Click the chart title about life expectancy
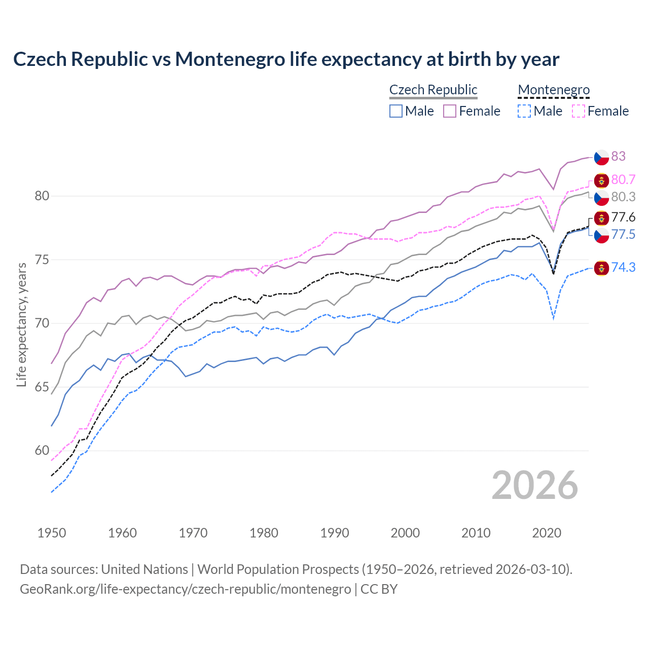point(286,59)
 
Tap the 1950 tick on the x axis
point(52,533)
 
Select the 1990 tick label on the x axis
point(335,533)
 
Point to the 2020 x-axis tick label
point(547,533)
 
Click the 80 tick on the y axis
point(42,196)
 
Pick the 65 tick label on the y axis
point(42,387)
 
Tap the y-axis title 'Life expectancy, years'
point(21,324)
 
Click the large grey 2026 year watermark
point(534,485)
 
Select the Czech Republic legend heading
point(433,90)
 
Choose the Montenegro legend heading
point(554,90)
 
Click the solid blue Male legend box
point(396,111)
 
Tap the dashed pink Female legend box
point(579,111)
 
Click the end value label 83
point(618,156)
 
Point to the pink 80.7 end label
point(623,180)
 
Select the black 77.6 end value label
point(623,218)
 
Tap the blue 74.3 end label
point(623,267)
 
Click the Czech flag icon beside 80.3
point(601,197)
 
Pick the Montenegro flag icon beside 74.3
point(601,268)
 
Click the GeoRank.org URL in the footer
point(185,589)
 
